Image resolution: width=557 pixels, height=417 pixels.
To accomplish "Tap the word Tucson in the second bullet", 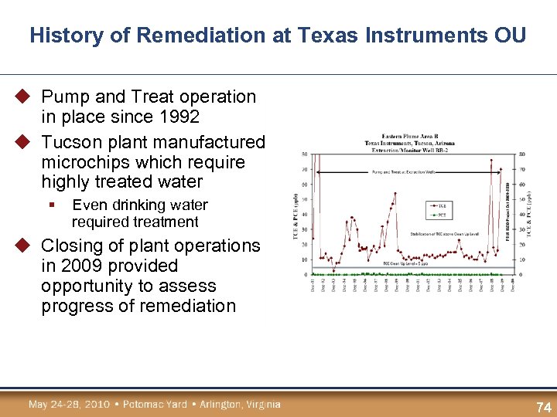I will (70, 143).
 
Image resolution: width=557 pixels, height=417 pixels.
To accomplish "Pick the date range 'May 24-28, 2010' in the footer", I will (65, 405).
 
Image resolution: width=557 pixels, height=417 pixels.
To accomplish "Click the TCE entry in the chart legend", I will (440, 205).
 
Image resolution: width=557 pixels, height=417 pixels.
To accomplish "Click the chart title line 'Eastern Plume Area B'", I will (409, 137).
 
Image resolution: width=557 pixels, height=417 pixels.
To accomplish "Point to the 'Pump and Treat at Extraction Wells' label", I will (403, 171).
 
